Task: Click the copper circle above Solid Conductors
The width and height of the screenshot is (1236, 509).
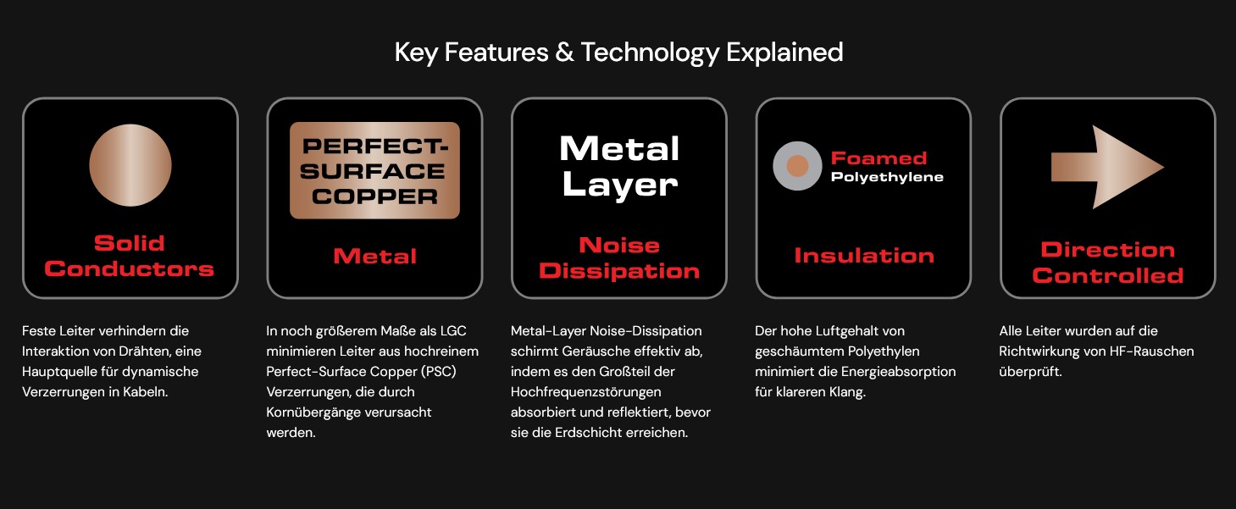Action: click(x=130, y=165)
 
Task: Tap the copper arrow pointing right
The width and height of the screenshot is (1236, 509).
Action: click(x=1107, y=167)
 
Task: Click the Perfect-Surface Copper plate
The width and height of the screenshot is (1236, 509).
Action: click(x=374, y=170)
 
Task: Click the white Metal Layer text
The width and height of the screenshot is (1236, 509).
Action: click(x=619, y=166)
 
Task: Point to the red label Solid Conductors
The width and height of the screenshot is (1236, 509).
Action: click(x=129, y=256)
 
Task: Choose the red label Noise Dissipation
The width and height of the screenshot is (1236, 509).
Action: click(x=619, y=258)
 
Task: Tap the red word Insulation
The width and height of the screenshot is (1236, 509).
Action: click(x=864, y=255)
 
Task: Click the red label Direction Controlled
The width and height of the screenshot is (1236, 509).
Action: click(x=1108, y=263)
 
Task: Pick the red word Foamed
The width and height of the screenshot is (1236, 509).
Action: click(x=879, y=158)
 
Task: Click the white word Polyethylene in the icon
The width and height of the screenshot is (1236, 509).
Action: click(x=887, y=178)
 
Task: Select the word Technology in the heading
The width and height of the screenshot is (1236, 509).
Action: click(x=650, y=53)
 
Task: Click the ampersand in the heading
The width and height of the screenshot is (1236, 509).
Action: click(x=564, y=53)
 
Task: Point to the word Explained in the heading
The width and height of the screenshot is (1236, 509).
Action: click(x=784, y=53)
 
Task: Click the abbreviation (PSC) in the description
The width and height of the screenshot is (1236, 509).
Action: click(x=439, y=372)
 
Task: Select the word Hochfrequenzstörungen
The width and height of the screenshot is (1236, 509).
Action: click(x=585, y=392)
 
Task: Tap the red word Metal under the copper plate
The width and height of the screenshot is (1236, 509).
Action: click(x=374, y=257)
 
